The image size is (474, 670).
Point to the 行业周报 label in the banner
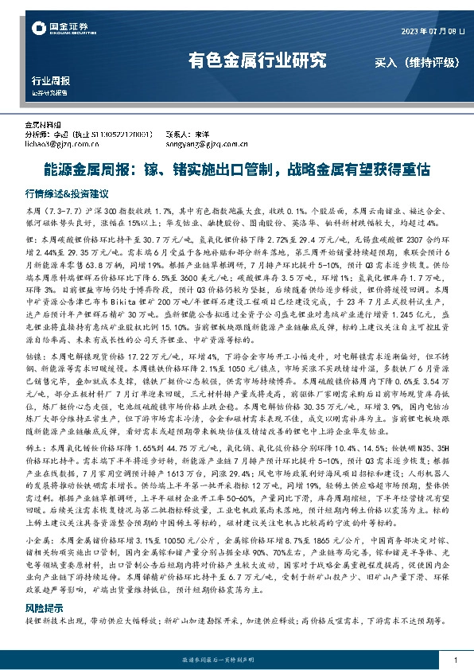[x=50, y=81]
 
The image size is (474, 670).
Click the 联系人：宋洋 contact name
[x=187, y=135]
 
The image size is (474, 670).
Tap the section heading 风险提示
[x=45, y=607]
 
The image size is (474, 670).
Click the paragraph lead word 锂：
[x=32, y=239]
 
